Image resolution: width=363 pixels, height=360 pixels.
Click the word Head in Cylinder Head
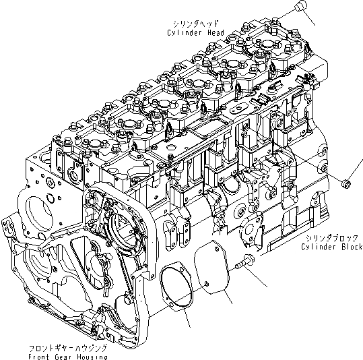209,32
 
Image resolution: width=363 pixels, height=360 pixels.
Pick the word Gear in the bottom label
65,355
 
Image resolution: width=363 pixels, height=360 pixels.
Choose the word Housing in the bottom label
92,355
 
